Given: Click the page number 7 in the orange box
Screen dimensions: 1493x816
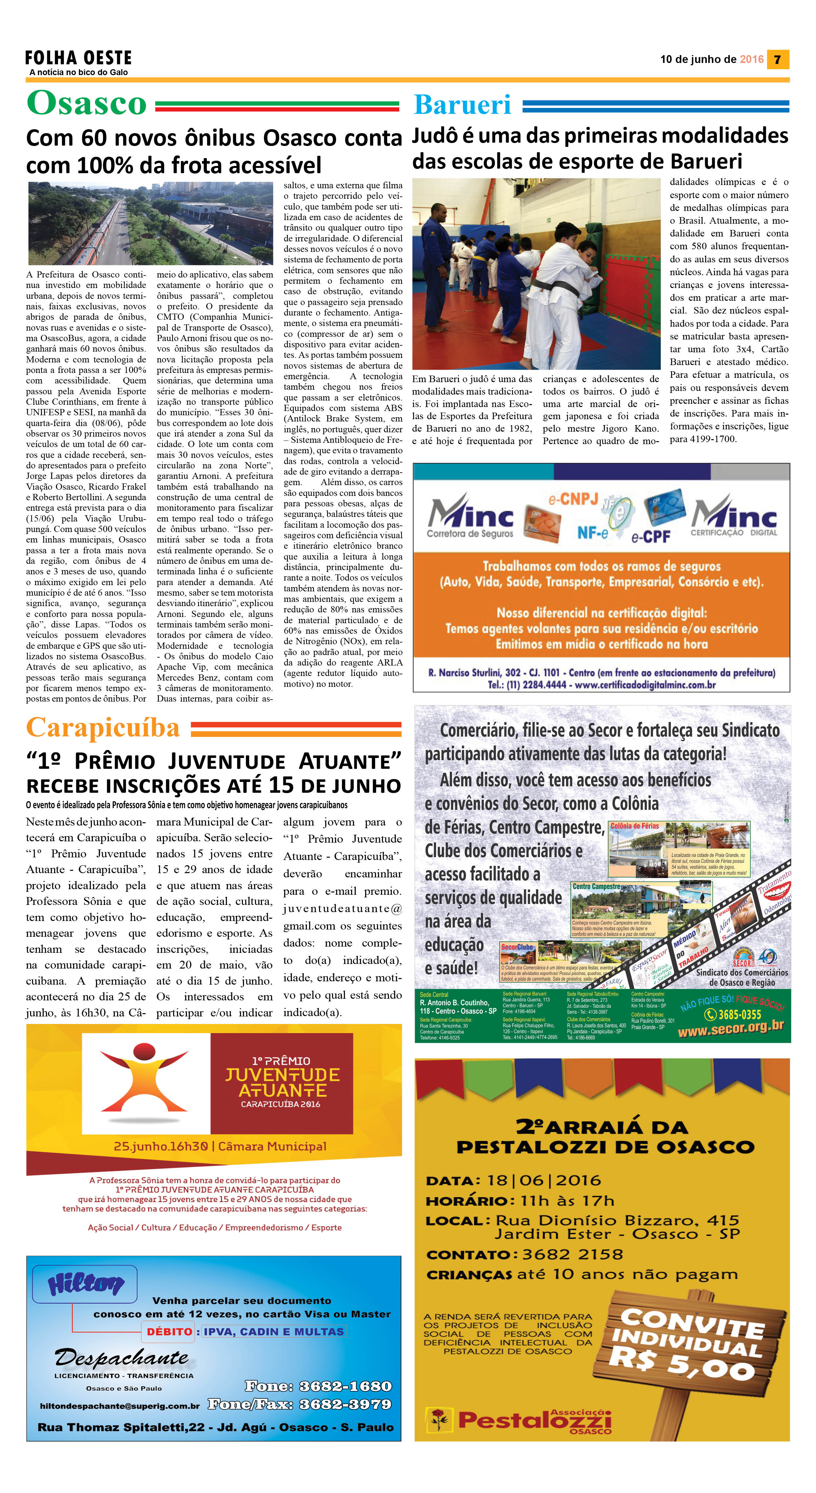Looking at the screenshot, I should [778, 59].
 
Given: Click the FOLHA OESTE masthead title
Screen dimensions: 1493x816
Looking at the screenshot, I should [79, 57].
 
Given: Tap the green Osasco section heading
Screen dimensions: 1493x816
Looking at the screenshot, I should [87, 104].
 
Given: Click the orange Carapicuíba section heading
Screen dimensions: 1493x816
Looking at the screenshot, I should [103, 728].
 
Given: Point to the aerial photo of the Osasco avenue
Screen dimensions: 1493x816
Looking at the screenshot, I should [150, 223].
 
